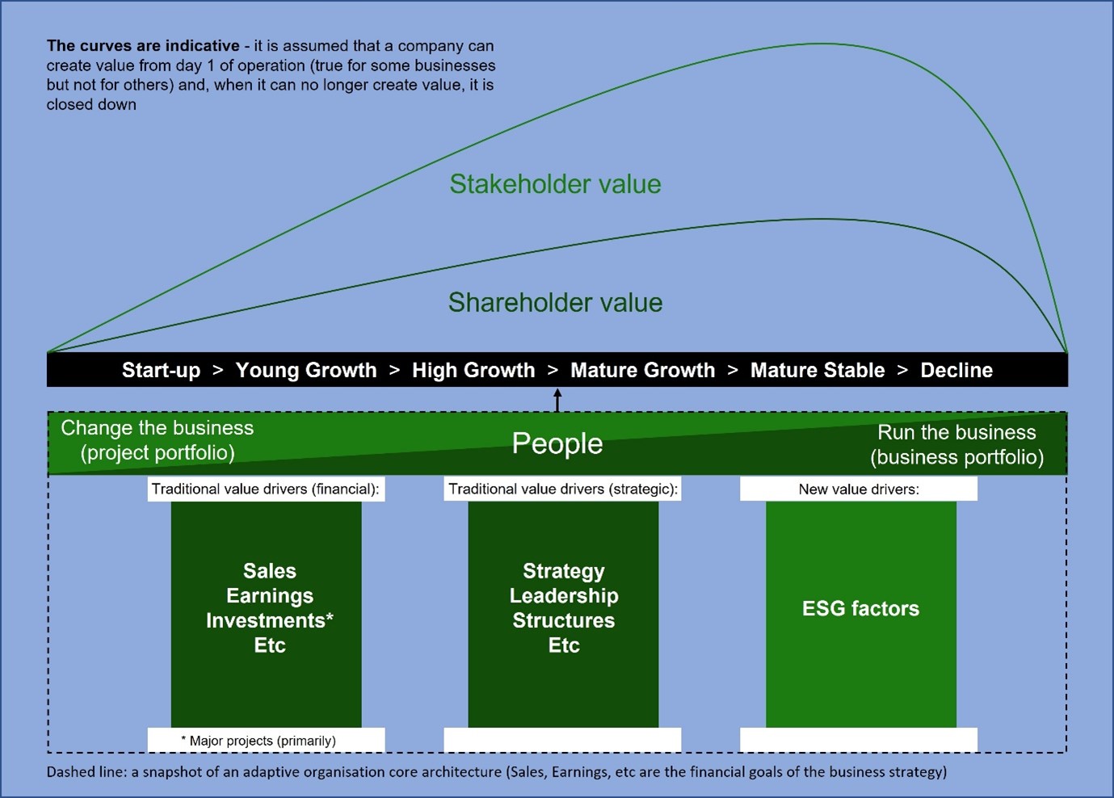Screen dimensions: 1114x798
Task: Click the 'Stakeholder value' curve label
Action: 555,184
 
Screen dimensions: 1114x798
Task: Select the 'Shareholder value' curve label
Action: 555,302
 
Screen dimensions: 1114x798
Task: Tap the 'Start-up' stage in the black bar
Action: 161,371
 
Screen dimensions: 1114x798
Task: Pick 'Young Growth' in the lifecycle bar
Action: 306,371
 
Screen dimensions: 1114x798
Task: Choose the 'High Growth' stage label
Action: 473,371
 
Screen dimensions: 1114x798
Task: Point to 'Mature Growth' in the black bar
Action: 642,371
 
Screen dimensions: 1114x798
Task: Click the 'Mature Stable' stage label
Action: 818,371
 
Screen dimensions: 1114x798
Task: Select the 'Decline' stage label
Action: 956,371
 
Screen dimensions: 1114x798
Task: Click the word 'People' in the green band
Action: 557,443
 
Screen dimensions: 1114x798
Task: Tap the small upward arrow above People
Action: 557,401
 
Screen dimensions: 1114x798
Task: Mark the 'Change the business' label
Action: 158,428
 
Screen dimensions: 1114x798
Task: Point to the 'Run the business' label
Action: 956,432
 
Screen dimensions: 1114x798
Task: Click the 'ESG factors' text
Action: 861,608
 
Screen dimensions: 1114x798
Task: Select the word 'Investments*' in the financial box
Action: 270,620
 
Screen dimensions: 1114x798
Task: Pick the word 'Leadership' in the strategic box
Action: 564,595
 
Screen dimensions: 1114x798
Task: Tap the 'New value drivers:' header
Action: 859,489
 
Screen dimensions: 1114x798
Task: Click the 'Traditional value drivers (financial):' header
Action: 266,489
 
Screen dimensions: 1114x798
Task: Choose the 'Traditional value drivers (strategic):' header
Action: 563,489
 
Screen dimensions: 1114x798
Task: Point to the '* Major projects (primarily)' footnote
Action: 259,741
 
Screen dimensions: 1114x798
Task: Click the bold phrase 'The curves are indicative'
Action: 143,46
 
